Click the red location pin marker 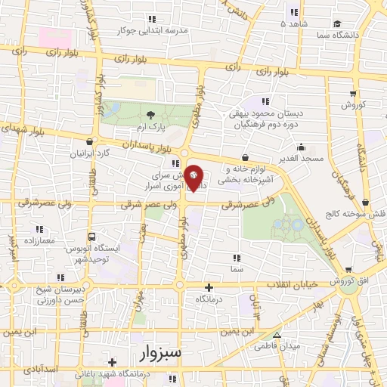click(x=194, y=178)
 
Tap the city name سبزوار click(x=161, y=353)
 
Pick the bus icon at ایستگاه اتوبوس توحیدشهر click(x=91, y=237)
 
